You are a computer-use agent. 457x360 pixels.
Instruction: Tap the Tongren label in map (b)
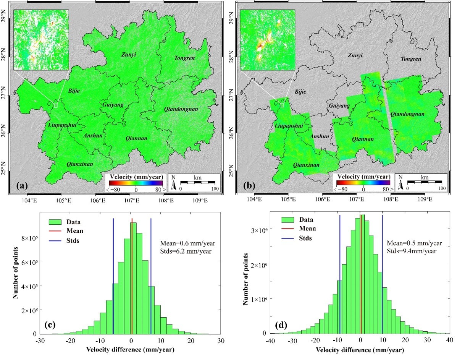click(x=410, y=59)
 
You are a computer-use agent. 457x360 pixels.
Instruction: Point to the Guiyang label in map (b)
click(x=339, y=106)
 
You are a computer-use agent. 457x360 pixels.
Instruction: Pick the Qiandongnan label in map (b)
click(x=407, y=114)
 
